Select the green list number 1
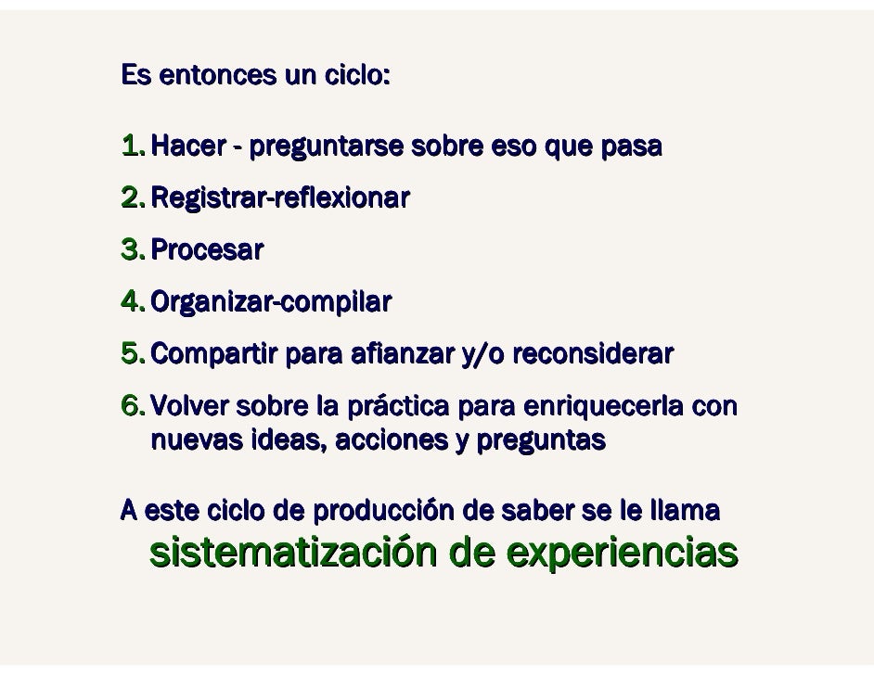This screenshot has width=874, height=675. tap(133, 146)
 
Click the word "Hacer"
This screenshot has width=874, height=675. tap(186, 146)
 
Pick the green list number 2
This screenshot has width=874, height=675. tap(133, 198)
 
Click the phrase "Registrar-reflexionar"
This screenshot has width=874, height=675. tap(279, 198)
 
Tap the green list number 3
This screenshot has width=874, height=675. tap(133, 250)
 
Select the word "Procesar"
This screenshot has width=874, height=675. tap(206, 250)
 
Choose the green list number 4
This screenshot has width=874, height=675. tap(133, 302)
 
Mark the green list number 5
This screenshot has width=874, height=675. tap(133, 354)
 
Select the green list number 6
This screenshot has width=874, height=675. tap(133, 406)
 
